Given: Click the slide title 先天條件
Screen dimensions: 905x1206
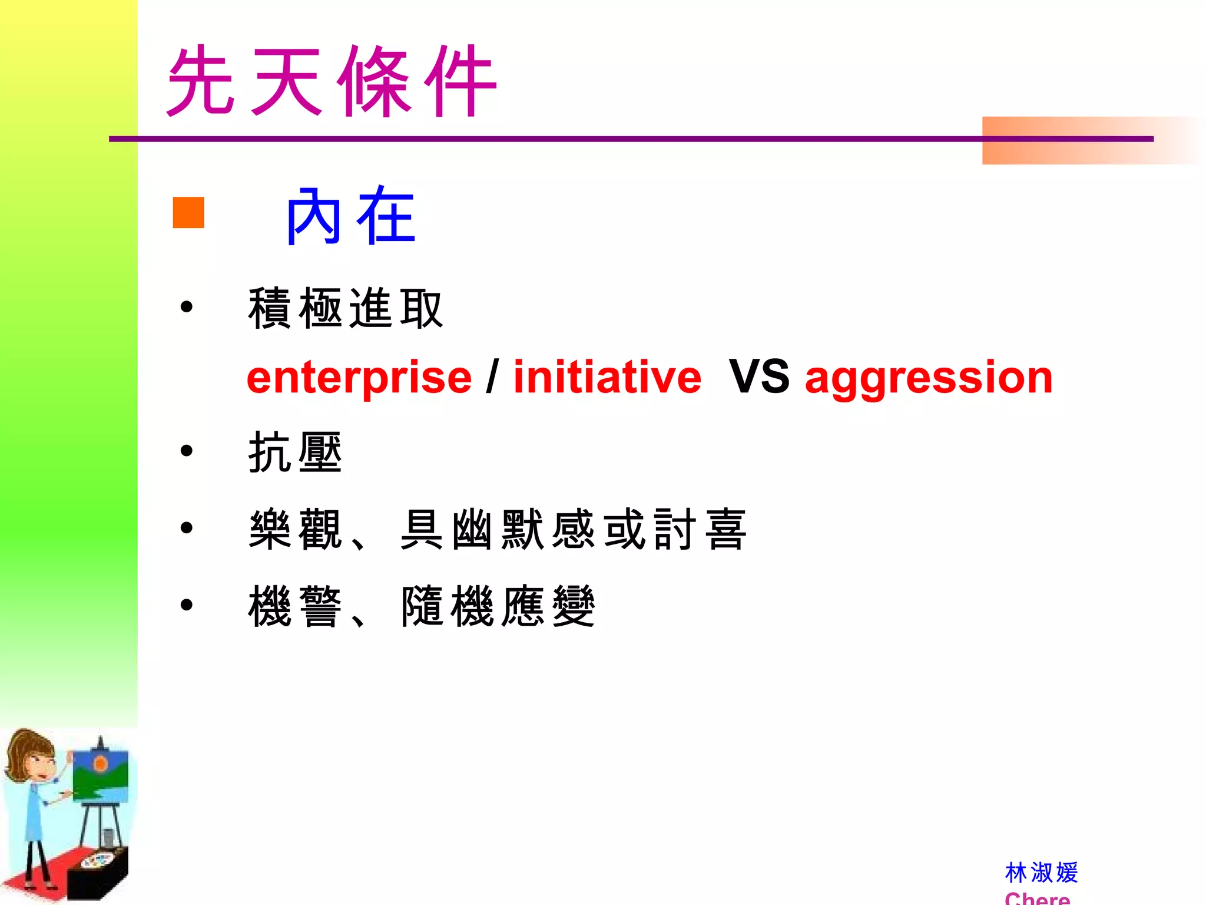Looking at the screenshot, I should (332, 81).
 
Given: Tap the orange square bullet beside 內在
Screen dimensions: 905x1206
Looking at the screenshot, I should (188, 212).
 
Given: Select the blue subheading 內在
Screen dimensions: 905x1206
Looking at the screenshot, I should (351, 216).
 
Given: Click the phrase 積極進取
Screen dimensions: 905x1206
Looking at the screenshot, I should (345, 308).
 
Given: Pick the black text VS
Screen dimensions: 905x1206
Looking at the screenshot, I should (758, 377).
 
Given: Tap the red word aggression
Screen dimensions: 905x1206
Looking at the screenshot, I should (929, 378).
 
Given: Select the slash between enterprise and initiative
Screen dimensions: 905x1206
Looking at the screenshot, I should (492, 377).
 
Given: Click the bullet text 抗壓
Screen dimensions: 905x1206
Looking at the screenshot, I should (295, 452).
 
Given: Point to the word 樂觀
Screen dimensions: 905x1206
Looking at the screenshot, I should (295, 529).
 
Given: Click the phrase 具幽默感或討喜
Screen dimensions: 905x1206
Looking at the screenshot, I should (574, 529).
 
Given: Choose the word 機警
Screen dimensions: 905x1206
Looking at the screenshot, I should (295, 606).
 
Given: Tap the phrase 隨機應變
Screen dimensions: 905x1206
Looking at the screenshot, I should (498, 606).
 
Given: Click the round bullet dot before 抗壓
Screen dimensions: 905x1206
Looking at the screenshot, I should (187, 451).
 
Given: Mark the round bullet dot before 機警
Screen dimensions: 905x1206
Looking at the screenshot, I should (187, 605).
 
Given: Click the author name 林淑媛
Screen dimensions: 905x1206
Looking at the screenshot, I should (1041, 873).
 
